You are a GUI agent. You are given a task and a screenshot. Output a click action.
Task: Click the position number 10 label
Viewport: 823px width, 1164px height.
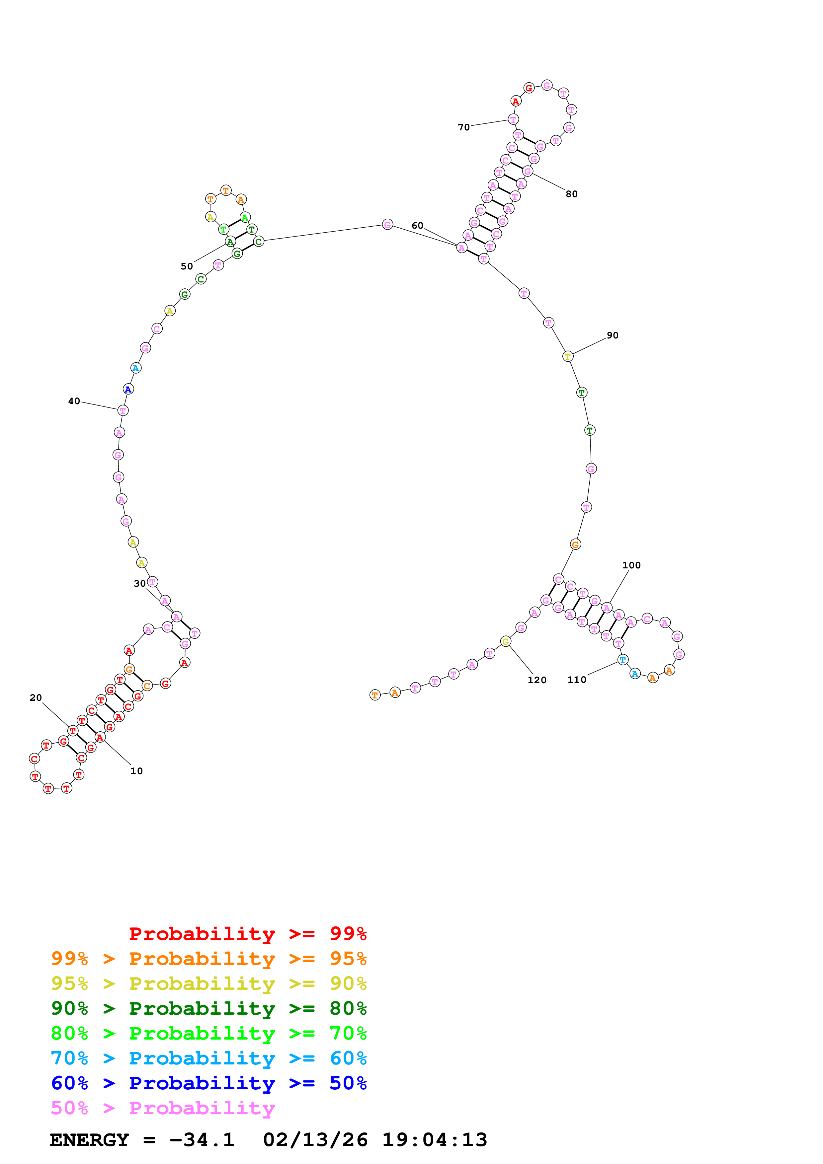click(136, 771)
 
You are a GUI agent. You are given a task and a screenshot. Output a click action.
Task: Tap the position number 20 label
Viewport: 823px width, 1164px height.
click(36, 697)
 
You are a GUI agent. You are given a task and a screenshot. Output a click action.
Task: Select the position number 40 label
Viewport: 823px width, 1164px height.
click(74, 401)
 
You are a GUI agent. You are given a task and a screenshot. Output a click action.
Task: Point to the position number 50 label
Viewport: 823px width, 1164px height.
click(187, 266)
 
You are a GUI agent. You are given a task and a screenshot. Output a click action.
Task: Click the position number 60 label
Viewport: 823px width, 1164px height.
click(417, 226)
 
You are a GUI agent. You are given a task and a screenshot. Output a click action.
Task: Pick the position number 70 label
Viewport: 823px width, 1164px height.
click(463, 127)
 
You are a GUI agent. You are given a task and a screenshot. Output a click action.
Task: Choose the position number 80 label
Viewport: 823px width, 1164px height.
click(571, 194)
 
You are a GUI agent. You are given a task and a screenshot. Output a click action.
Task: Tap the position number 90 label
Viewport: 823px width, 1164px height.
click(613, 335)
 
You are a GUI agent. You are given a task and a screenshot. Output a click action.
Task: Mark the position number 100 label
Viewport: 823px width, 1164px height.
click(631, 565)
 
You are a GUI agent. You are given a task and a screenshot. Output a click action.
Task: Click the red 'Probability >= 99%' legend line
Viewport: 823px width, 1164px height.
click(247, 934)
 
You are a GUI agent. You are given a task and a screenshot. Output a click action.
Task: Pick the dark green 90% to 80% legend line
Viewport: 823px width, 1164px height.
click(208, 1008)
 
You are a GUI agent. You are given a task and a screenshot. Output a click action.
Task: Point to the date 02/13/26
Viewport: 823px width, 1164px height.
click(315, 1140)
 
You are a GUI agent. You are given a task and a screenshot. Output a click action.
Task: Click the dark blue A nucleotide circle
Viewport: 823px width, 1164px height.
click(128, 389)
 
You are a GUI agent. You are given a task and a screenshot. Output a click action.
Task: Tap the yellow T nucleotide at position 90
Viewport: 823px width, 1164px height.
click(567, 356)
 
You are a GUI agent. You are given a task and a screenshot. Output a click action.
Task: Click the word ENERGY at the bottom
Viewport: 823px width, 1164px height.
click(89, 1140)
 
